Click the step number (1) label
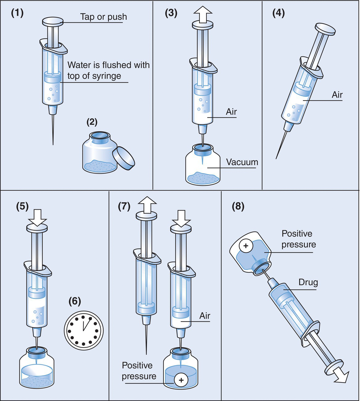17,14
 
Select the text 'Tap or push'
103,17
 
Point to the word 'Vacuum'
242,162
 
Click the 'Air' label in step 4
337,95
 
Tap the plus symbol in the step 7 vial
181,380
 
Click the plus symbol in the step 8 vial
246,246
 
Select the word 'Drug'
308,282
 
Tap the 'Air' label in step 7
205,316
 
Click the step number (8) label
238,206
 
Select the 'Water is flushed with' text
108,65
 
